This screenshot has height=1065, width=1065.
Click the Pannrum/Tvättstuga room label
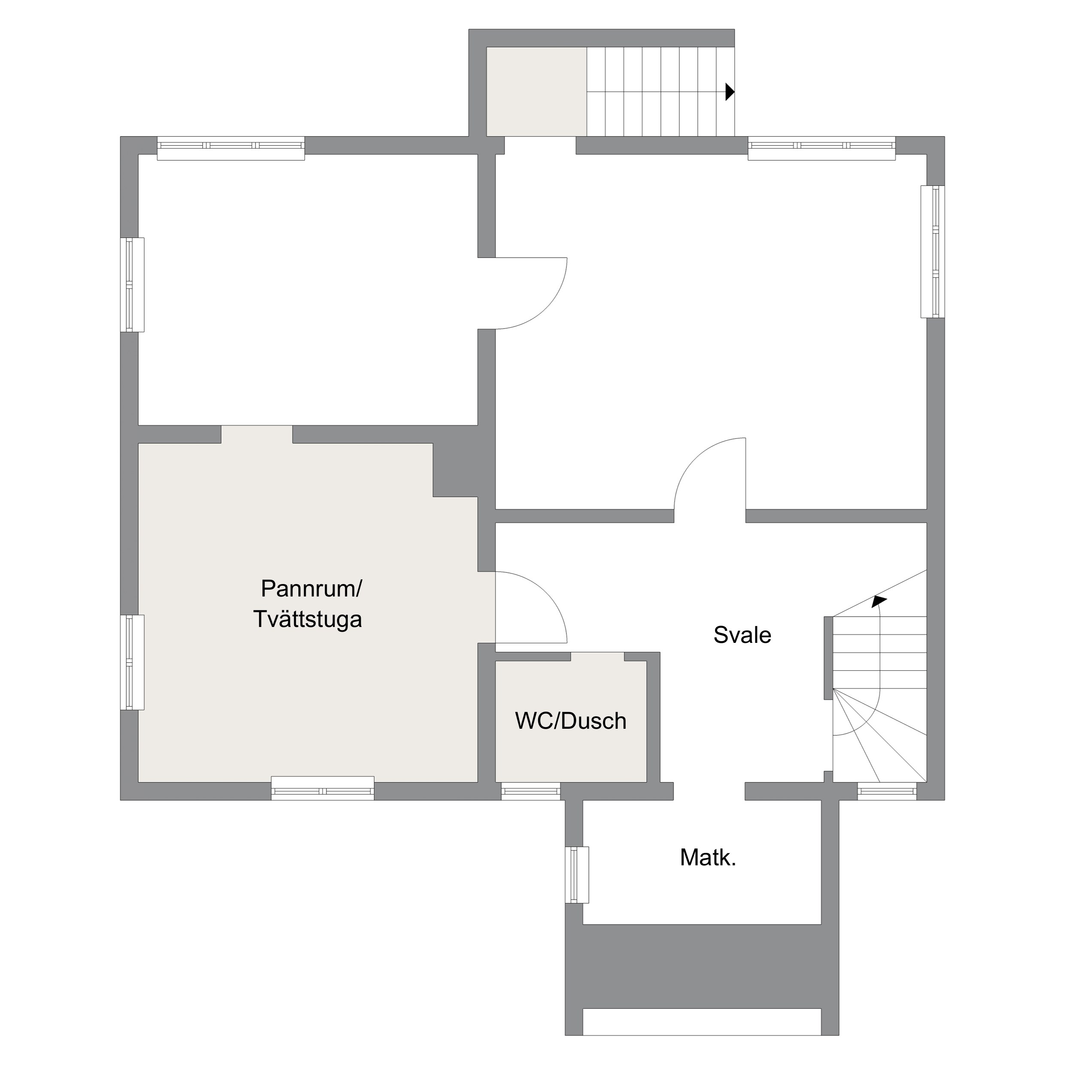tap(309, 604)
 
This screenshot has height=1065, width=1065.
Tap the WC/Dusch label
tap(571, 721)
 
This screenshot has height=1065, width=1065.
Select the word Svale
tap(742, 635)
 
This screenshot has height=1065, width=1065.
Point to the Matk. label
tap(708, 857)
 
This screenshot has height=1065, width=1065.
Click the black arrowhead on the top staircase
tap(730, 91)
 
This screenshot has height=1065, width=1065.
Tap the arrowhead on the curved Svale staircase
tap(879, 601)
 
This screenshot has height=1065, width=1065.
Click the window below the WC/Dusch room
tap(530, 791)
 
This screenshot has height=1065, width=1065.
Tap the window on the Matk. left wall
tap(577, 875)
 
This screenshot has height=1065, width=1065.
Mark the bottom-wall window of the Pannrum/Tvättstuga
tap(323, 788)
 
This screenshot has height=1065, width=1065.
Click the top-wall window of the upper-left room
tap(231, 148)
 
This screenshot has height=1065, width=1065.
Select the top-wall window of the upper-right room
tap(822, 148)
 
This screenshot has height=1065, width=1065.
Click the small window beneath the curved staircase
tap(887, 791)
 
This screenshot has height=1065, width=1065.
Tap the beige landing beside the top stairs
tap(536, 91)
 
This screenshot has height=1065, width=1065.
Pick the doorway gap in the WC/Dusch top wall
tap(597, 657)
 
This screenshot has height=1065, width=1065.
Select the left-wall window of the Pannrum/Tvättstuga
tap(132, 662)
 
